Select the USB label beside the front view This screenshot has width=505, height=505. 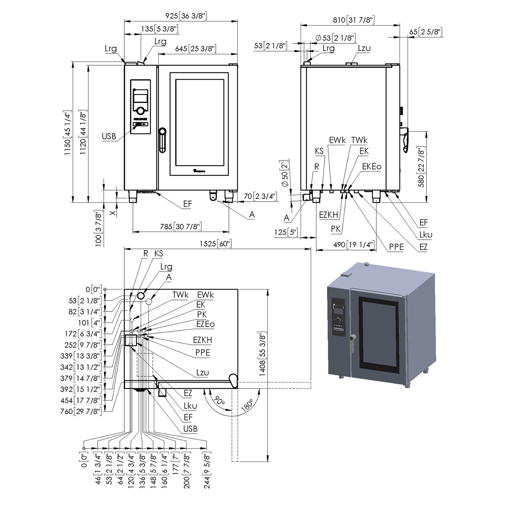tap(109, 136)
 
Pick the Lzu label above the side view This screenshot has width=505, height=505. tap(364, 48)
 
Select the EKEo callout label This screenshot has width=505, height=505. tap(372, 166)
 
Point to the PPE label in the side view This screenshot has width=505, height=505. tap(396, 247)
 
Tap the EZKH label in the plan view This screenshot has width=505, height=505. tap(202, 340)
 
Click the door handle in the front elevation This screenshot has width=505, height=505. tap(162, 140)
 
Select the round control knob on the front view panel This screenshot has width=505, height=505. tap(141, 110)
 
